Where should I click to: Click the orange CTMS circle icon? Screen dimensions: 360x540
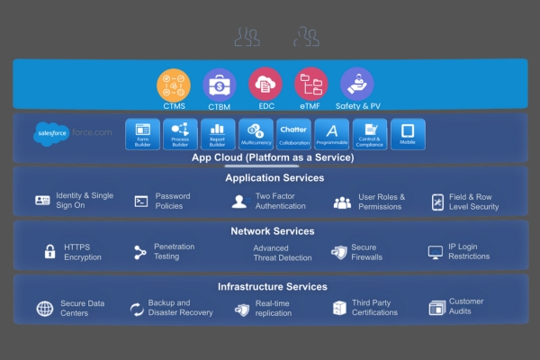pos(174,85)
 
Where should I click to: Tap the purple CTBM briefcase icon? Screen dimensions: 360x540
pos(219,85)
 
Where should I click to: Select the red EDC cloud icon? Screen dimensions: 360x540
pos(265,85)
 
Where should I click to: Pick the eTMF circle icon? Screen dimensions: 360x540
pos(311,85)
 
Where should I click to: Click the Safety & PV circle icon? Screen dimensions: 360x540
pos(357,85)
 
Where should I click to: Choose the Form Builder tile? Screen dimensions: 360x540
pos(142,134)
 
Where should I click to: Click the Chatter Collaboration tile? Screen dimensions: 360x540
pos(293,134)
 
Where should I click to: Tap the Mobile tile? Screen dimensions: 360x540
pos(408,134)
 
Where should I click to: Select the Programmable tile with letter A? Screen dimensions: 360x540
pos(331,134)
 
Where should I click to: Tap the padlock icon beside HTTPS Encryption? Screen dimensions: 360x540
pos(50,252)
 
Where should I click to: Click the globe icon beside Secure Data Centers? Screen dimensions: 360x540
pos(45,309)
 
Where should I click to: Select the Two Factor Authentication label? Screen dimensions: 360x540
pos(280,202)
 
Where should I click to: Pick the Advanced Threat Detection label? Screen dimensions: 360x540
pos(283,253)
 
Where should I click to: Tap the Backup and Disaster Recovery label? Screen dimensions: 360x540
pos(180,308)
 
